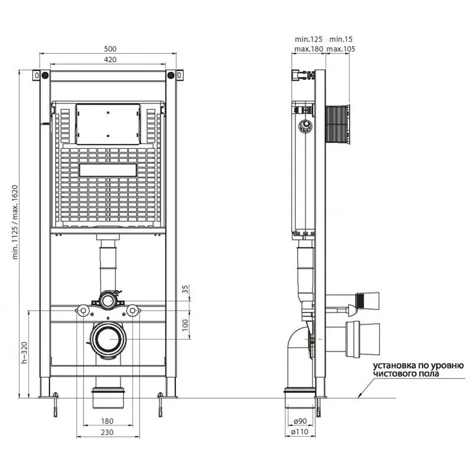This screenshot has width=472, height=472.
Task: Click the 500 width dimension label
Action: [x=110, y=49]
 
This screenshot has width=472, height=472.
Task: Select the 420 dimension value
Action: [x=110, y=60]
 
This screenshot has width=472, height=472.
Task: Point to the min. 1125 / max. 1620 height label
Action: [x=15, y=222]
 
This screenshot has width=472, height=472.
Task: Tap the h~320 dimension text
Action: [x=24, y=353]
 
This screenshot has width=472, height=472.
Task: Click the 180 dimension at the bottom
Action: [x=107, y=421]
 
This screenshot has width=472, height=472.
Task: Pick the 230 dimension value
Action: [x=107, y=432]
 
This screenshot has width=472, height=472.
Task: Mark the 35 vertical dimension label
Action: [x=185, y=289]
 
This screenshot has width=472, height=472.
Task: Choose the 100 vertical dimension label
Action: [x=185, y=325]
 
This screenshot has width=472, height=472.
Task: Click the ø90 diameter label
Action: [x=300, y=421]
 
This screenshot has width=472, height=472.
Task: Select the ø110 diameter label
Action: [x=300, y=432]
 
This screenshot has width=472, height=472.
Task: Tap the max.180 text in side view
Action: [x=309, y=49]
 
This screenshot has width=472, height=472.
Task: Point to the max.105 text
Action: [x=341, y=49]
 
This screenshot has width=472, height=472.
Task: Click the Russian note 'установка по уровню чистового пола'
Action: [x=418, y=370]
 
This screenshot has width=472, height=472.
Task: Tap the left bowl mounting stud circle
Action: [x=83, y=311]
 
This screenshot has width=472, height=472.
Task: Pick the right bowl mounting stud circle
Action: [x=132, y=311]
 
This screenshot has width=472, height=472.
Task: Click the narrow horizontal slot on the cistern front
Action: [x=108, y=170]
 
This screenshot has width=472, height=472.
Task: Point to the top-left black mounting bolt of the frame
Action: [x=45, y=75]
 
